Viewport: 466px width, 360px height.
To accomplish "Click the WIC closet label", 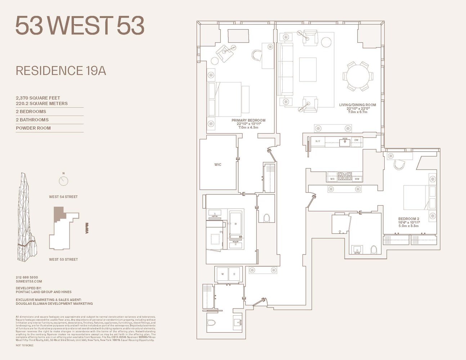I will pos(218,165).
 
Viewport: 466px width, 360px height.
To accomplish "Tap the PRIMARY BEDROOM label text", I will pos(248,121).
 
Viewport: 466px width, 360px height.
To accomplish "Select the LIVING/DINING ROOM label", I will pos(357,105).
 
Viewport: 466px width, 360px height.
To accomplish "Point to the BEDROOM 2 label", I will pos(409,219).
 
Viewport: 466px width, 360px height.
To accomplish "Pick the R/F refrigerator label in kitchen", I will pos(318,141).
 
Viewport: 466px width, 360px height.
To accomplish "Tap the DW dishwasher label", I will pos(356,140).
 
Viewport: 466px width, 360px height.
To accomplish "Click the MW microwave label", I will pos(357,179).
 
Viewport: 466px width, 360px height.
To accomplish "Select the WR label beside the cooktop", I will pos(332,179).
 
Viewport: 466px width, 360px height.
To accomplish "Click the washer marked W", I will pos(223,274).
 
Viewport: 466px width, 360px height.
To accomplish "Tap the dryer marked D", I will pos(234,274).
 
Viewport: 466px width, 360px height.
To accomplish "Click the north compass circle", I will pos(63,181).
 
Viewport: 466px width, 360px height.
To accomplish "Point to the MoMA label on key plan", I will pos(87,228).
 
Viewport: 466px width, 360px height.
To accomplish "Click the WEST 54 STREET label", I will pos(63,197).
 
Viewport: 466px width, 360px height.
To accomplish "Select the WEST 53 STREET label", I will pos(63,260).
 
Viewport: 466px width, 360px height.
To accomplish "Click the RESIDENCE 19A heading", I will pos(61,71).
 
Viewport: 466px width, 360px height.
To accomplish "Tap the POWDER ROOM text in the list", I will pos(33,128).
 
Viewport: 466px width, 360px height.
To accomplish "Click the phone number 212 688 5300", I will pos(27,278).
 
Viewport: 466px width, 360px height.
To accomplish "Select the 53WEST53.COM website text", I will pos(29,282).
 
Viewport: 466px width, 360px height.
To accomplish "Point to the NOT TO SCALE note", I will pos(24,345).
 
